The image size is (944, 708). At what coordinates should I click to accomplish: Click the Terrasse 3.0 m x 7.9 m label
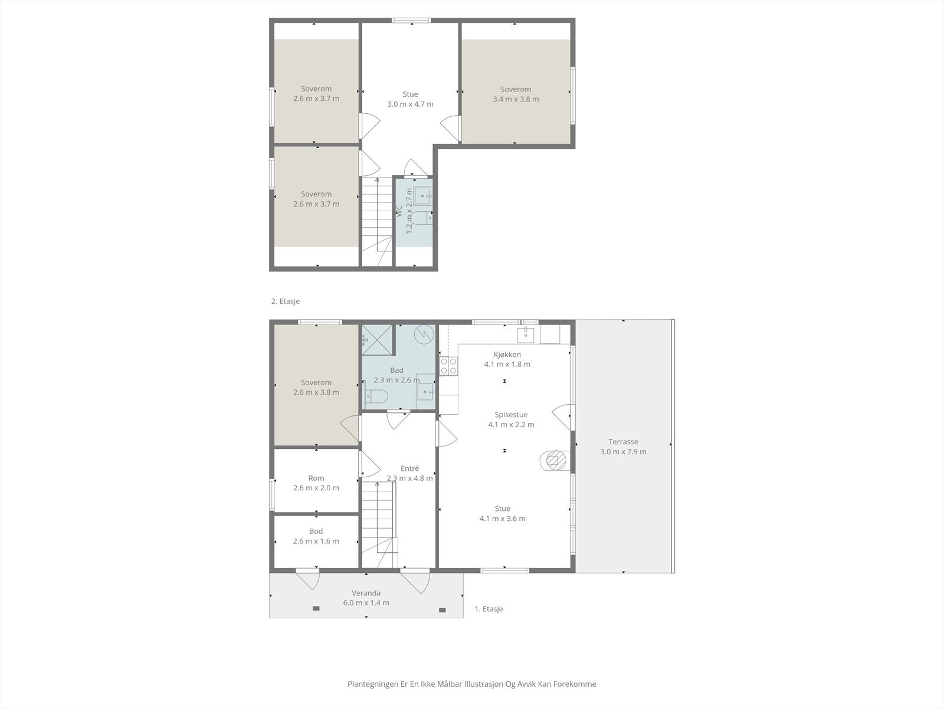623,447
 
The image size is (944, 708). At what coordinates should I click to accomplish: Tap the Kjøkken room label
507,355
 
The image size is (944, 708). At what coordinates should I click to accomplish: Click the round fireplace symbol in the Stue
554,460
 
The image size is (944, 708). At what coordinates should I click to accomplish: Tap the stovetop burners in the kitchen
448,366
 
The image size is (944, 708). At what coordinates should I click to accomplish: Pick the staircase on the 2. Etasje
376,221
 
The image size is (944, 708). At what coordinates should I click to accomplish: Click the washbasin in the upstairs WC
422,195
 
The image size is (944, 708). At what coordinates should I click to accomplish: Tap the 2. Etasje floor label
286,301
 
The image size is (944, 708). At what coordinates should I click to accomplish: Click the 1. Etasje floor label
489,609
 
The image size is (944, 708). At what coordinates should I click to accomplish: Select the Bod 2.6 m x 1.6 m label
316,536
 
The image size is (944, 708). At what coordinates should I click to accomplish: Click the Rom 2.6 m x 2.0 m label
316,483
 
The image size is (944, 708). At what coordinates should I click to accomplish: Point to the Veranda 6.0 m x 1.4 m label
366,598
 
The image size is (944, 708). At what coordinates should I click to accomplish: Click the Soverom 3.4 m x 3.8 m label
516,94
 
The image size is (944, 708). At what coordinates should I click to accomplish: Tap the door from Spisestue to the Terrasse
562,417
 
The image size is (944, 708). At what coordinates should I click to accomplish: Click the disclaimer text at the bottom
471,684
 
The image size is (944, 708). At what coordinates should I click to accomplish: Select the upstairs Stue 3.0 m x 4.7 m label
410,99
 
